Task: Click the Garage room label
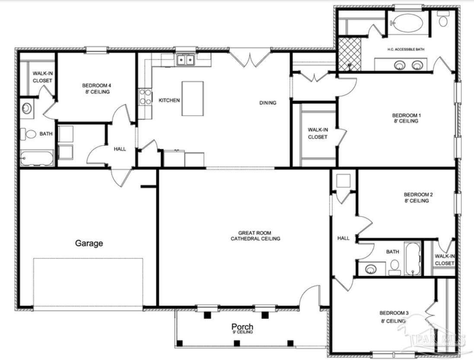89,243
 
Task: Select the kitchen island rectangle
193,98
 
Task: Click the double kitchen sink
185,60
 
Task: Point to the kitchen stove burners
145,97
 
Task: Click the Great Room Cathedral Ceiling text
255,236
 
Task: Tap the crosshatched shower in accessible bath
349,54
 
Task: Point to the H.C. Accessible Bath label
406,49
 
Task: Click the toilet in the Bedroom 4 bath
28,134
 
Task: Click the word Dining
268,103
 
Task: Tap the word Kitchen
169,100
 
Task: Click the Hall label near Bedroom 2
344,238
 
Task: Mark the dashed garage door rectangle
88,282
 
